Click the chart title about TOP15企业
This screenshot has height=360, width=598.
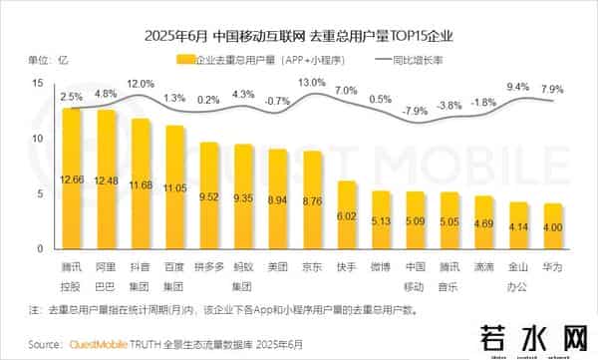(x=299, y=37)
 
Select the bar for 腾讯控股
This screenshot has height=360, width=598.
(x=72, y=180)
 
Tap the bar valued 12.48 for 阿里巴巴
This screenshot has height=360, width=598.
(x=106, y=180)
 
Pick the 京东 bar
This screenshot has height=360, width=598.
(x=312, y=199)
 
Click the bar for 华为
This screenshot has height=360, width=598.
(x=553, y=226)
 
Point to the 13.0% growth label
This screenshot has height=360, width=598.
(x=312, y=82)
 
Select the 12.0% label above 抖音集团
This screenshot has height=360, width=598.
(x=141, y=83)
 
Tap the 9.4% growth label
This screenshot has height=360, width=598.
(x=518, y=87)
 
